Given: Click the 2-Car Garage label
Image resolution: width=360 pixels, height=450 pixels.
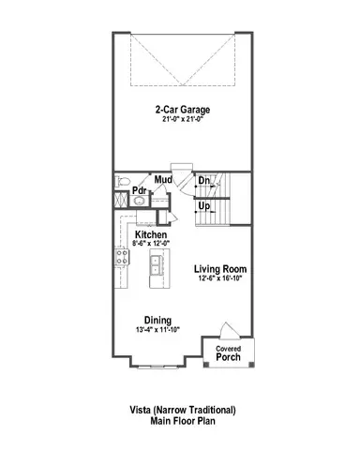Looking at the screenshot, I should tap(183, 109).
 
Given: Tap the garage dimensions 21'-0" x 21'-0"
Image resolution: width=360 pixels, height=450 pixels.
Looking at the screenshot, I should tap(183, 119).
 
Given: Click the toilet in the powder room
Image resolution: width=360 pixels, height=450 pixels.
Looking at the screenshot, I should tap(119, 182).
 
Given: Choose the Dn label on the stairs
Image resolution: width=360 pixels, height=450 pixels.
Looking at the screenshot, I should tap(203, 180).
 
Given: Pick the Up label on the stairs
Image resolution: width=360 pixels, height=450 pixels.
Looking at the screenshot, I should tap(203, 205).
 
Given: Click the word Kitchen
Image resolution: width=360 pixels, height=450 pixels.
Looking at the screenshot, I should tap(151, 234).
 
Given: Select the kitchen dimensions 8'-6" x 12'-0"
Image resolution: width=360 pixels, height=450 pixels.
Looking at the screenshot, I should tap(151, 244).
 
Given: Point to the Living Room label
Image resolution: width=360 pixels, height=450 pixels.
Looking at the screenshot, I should tap(220, 269).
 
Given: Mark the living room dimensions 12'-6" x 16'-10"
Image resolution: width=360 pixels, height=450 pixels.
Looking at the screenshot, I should tap(220, 279).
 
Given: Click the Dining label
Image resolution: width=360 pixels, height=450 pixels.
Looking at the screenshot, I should tap(157, 320).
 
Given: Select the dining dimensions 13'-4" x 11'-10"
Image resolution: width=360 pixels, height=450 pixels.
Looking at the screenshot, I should tap(157, 330).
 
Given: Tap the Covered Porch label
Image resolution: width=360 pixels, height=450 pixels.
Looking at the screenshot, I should tap(229, 353).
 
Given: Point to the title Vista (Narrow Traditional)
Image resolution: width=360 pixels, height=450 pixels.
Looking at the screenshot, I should tap(183, 411).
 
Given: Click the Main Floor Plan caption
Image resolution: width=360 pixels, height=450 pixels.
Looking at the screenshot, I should tap(183, 422).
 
